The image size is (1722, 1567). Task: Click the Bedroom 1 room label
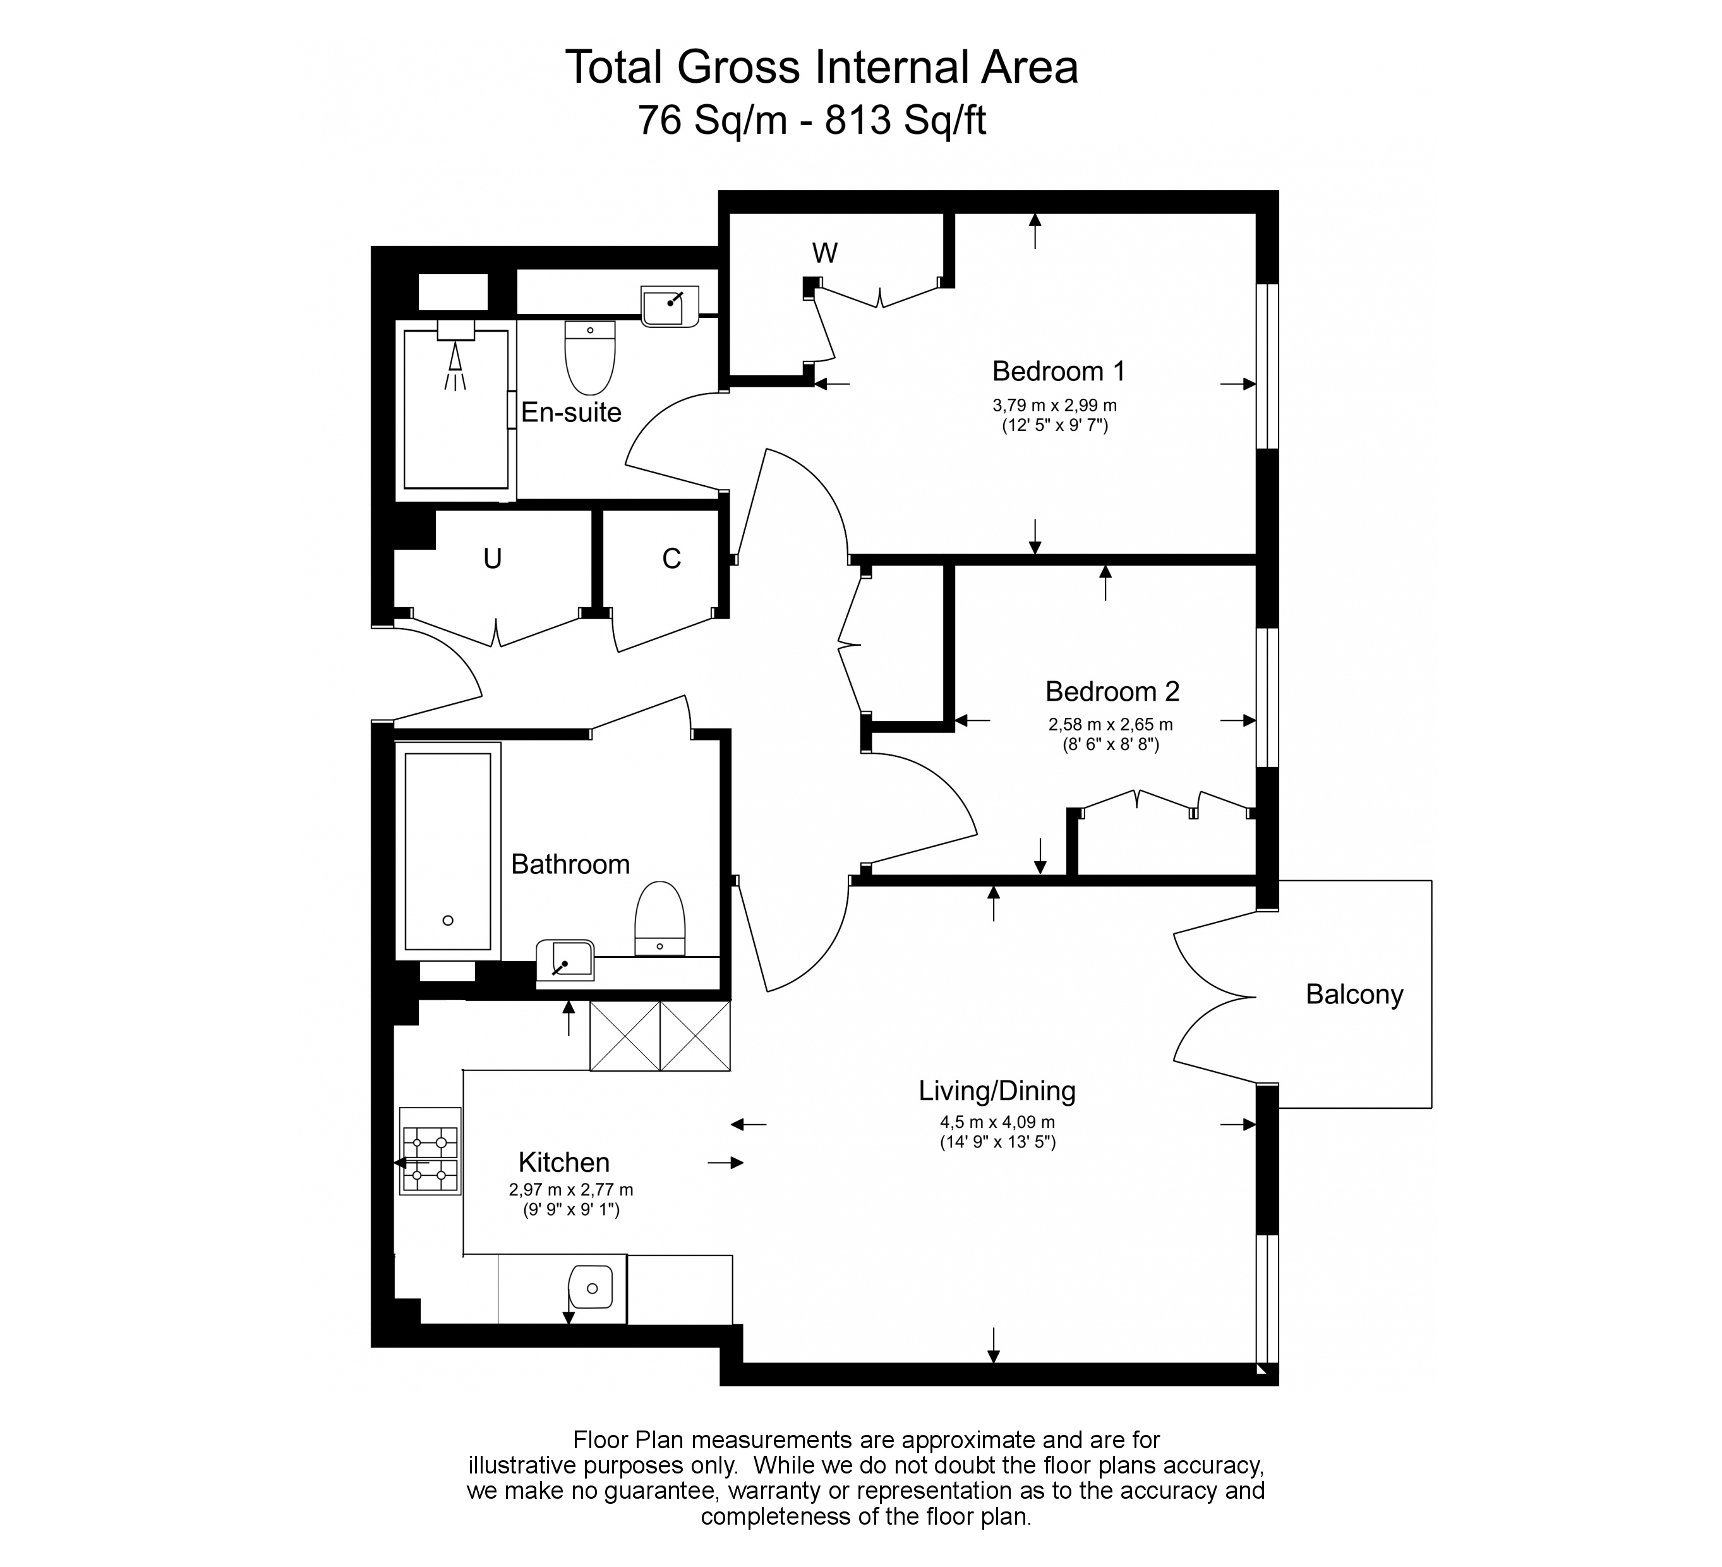pyautogui.click(x=1058, y=372)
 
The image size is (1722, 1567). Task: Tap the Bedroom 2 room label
pyautogui.click(x=1112, y=691)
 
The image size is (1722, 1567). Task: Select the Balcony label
pyautogui.click(x=1354, y=995)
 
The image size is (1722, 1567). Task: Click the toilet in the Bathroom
pyautogui.click(x=660, y=919)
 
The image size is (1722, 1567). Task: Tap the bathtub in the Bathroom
pyautogui.click(x=448, y=851)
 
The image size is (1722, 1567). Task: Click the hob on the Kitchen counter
pyautogui.click(x=430, y=1151)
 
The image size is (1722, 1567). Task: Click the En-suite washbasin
pyautogui.click(x=669, y=305)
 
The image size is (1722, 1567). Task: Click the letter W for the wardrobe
pyautogui.click(x=824, y=253)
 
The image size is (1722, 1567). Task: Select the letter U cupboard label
pyautogui.click(x=492, y=559)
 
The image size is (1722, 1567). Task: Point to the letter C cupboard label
pyautogui.click(x=671, y=559)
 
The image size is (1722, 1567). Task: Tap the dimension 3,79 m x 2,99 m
pyautogui.click(x=1054, y=406)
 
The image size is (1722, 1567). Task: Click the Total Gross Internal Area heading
pyautogui.click(x=822, y=68)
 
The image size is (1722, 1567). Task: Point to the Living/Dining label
pyautogui.click(x=997, y=1091)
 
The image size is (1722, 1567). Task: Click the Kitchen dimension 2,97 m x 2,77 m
pyautogui.click(x=570, y=1189)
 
